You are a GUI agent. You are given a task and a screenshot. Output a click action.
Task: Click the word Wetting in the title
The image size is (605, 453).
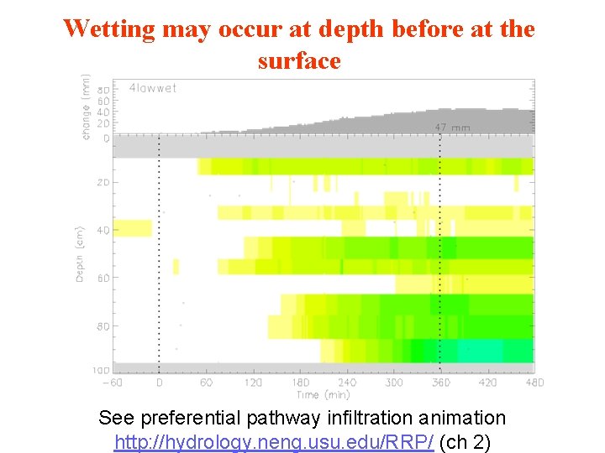pos(109,29)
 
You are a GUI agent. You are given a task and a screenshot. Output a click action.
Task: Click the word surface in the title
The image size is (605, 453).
pos(299,60)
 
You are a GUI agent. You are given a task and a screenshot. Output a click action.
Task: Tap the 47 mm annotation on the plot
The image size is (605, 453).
pos(453,128)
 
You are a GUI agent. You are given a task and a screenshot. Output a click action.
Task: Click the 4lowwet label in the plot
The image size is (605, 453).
pos(153,88)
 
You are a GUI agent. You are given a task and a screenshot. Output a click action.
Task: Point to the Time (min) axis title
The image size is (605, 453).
pos(324,394)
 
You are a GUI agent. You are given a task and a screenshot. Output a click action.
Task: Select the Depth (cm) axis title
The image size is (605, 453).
pos(81,253)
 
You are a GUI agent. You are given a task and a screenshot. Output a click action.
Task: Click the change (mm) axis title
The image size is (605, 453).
pos(87,107)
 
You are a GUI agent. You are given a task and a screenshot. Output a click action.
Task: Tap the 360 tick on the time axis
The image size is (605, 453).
pos(440,383)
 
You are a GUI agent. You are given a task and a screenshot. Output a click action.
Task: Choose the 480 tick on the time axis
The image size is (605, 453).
pos(534,383)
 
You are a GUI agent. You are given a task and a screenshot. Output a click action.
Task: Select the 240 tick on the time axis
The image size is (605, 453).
pos(346,383)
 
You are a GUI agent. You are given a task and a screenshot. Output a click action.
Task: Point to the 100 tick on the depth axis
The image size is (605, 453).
pos(101,370)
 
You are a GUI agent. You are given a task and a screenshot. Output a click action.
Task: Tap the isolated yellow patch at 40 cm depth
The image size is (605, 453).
pos(133,227)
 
